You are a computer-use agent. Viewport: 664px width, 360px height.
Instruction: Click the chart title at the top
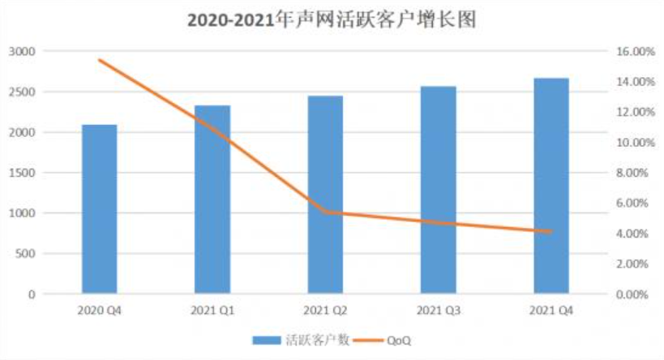[331, 20]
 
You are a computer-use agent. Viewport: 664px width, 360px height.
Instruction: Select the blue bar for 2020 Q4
[100, 209]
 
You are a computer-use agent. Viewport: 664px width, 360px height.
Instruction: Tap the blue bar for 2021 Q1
[212, 199]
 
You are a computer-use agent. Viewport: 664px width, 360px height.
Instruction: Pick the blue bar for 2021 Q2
[325, 195]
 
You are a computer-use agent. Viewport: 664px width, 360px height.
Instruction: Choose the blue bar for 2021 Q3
[438, 190]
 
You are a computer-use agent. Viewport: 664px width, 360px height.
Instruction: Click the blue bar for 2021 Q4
[550, 186]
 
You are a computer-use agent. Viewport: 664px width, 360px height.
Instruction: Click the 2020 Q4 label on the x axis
[100, 311]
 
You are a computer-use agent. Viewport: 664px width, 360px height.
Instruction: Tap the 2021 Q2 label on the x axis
[325, 311]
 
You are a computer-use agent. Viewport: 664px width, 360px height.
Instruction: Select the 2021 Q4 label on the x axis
[550, 311]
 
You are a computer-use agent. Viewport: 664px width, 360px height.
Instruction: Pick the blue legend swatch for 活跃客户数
[268, 340]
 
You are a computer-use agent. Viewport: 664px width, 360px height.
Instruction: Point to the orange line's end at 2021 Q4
[550, 231]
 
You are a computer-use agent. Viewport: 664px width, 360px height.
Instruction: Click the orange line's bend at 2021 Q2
[325, 212]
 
